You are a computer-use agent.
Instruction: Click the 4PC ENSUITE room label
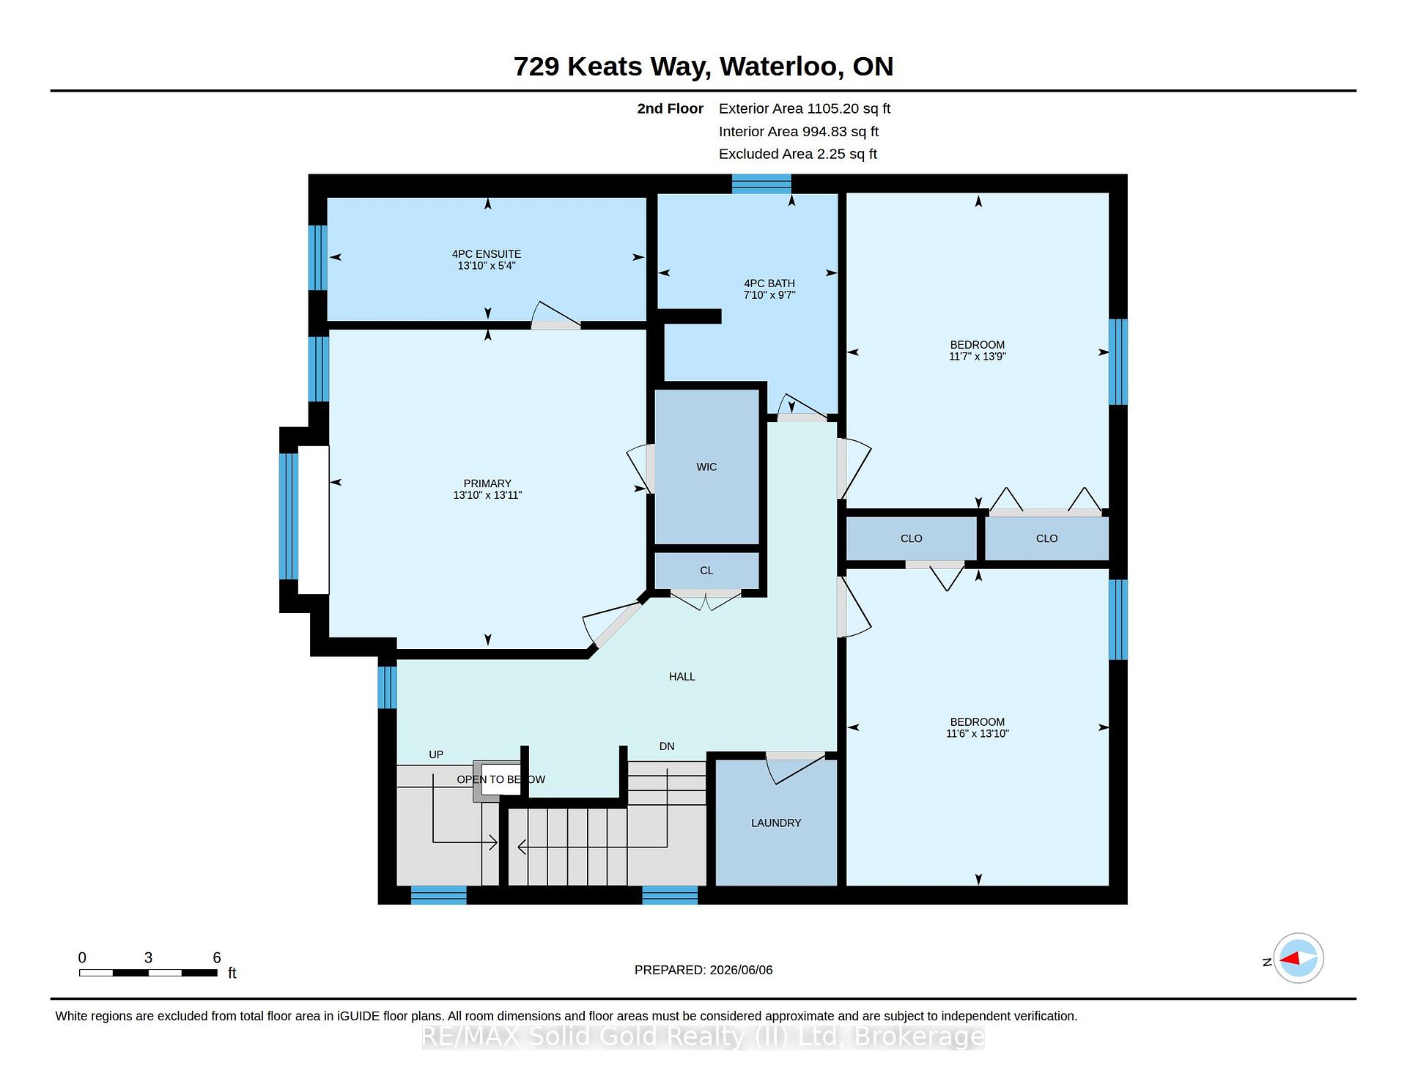[x=487, y=254]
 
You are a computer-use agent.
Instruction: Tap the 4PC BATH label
[x=769, y=283]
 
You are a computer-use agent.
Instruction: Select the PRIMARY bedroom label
[x=487, y=483]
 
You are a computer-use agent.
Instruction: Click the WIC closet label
[x=706, y=467]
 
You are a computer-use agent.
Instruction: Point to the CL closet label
[x=706, y=571]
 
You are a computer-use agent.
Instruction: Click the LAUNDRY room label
[x=776, y=823]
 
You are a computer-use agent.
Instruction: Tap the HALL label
[x=682, y=677]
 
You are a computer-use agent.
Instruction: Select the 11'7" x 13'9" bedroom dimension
[x=978, y=357]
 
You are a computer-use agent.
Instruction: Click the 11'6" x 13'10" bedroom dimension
[x=978, y=733]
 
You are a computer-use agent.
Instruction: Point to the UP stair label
[x=436, y=754]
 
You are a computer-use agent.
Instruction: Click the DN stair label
[x=667, y=746]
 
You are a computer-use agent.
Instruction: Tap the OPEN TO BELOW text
[x=501, y=779]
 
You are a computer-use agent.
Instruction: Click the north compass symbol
[x=1298, y=958]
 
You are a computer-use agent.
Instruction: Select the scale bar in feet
[x=148, y=973]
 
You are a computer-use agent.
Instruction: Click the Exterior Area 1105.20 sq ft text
[x=805, y=108]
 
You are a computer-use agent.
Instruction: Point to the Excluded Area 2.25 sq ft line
[x=798, y=154]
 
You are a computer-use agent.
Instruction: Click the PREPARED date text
[x=703, y=970]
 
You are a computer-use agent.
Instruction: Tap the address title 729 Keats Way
[x=612, y=67]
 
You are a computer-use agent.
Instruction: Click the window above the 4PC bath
[x=761, y=184]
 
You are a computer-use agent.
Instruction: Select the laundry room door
[x=796, y=768]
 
